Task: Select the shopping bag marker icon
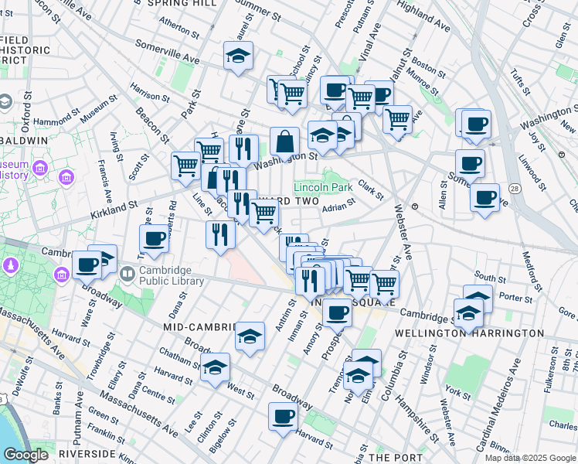284,142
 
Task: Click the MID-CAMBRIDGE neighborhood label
199,327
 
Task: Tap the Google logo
25,455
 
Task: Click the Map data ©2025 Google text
530,458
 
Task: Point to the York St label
457,394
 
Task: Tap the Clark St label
371,190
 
